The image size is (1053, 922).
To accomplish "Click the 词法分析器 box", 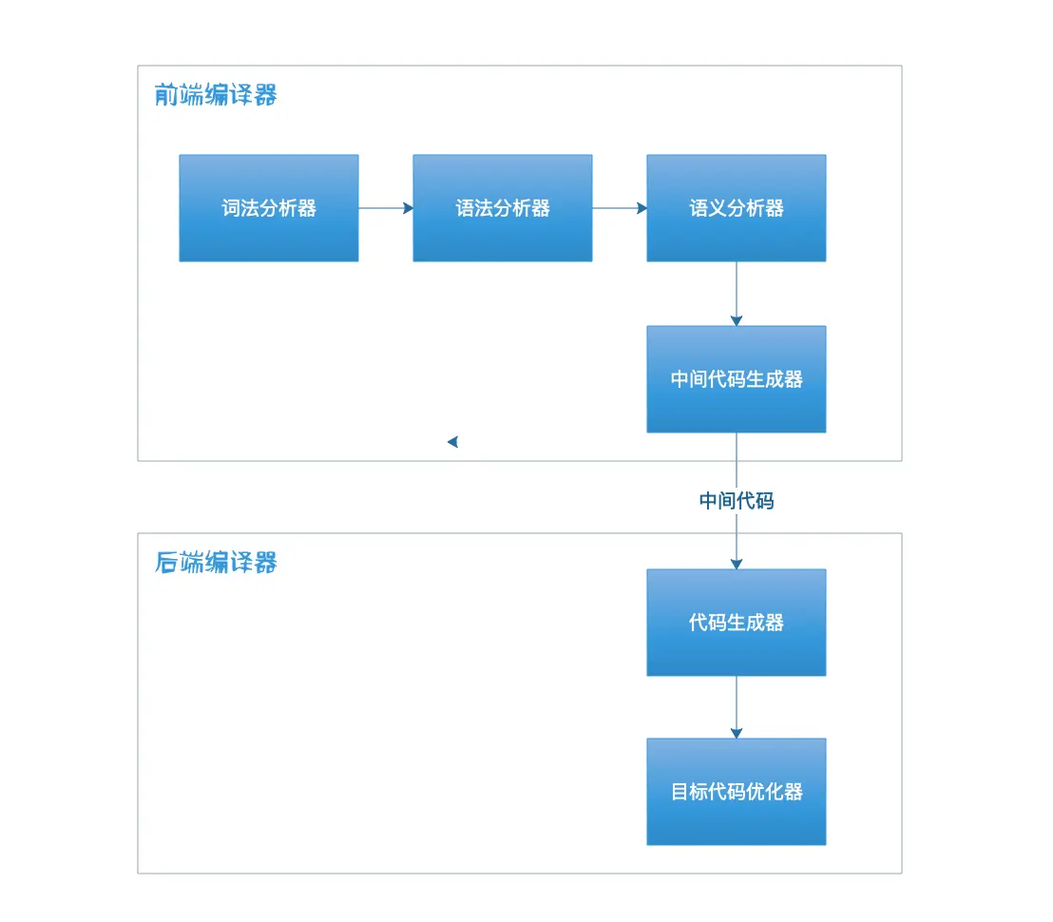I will click(x=269, y=208).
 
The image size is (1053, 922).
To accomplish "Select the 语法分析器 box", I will click(x=503, y=208).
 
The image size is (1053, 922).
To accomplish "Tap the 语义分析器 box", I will click(x=737, y=208).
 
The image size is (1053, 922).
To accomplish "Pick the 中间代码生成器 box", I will click(x=737, y=379).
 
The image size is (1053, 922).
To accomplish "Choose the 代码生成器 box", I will click(x=737, y=623).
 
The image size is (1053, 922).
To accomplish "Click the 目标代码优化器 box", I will click(x=737, y=792).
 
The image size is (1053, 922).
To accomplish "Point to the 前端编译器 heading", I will click(x=216, y=95).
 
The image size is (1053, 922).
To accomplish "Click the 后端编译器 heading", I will click(x=216, y=563).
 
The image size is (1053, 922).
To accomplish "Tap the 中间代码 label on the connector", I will click(x=737, y=501).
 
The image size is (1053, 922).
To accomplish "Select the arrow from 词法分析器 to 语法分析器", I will click(x=386, y=208).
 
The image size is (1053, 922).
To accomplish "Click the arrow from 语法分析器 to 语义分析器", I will click(x=620, y=208).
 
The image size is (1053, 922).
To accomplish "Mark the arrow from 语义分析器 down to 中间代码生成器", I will click(x=737, y=294).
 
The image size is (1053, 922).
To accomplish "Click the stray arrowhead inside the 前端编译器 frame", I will click(x=453, y=441).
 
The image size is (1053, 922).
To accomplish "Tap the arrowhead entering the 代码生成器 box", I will click(x=737, y=563).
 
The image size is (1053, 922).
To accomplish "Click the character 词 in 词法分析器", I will click(x=231, y=208).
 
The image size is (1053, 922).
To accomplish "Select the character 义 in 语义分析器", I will click(x=718, y=208).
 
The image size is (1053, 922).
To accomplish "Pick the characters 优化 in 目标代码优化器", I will click(x=765, y=792).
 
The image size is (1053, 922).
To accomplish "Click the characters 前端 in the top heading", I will click(x=179, y=95).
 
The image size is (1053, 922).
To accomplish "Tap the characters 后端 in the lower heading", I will click(x=179, y=563).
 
